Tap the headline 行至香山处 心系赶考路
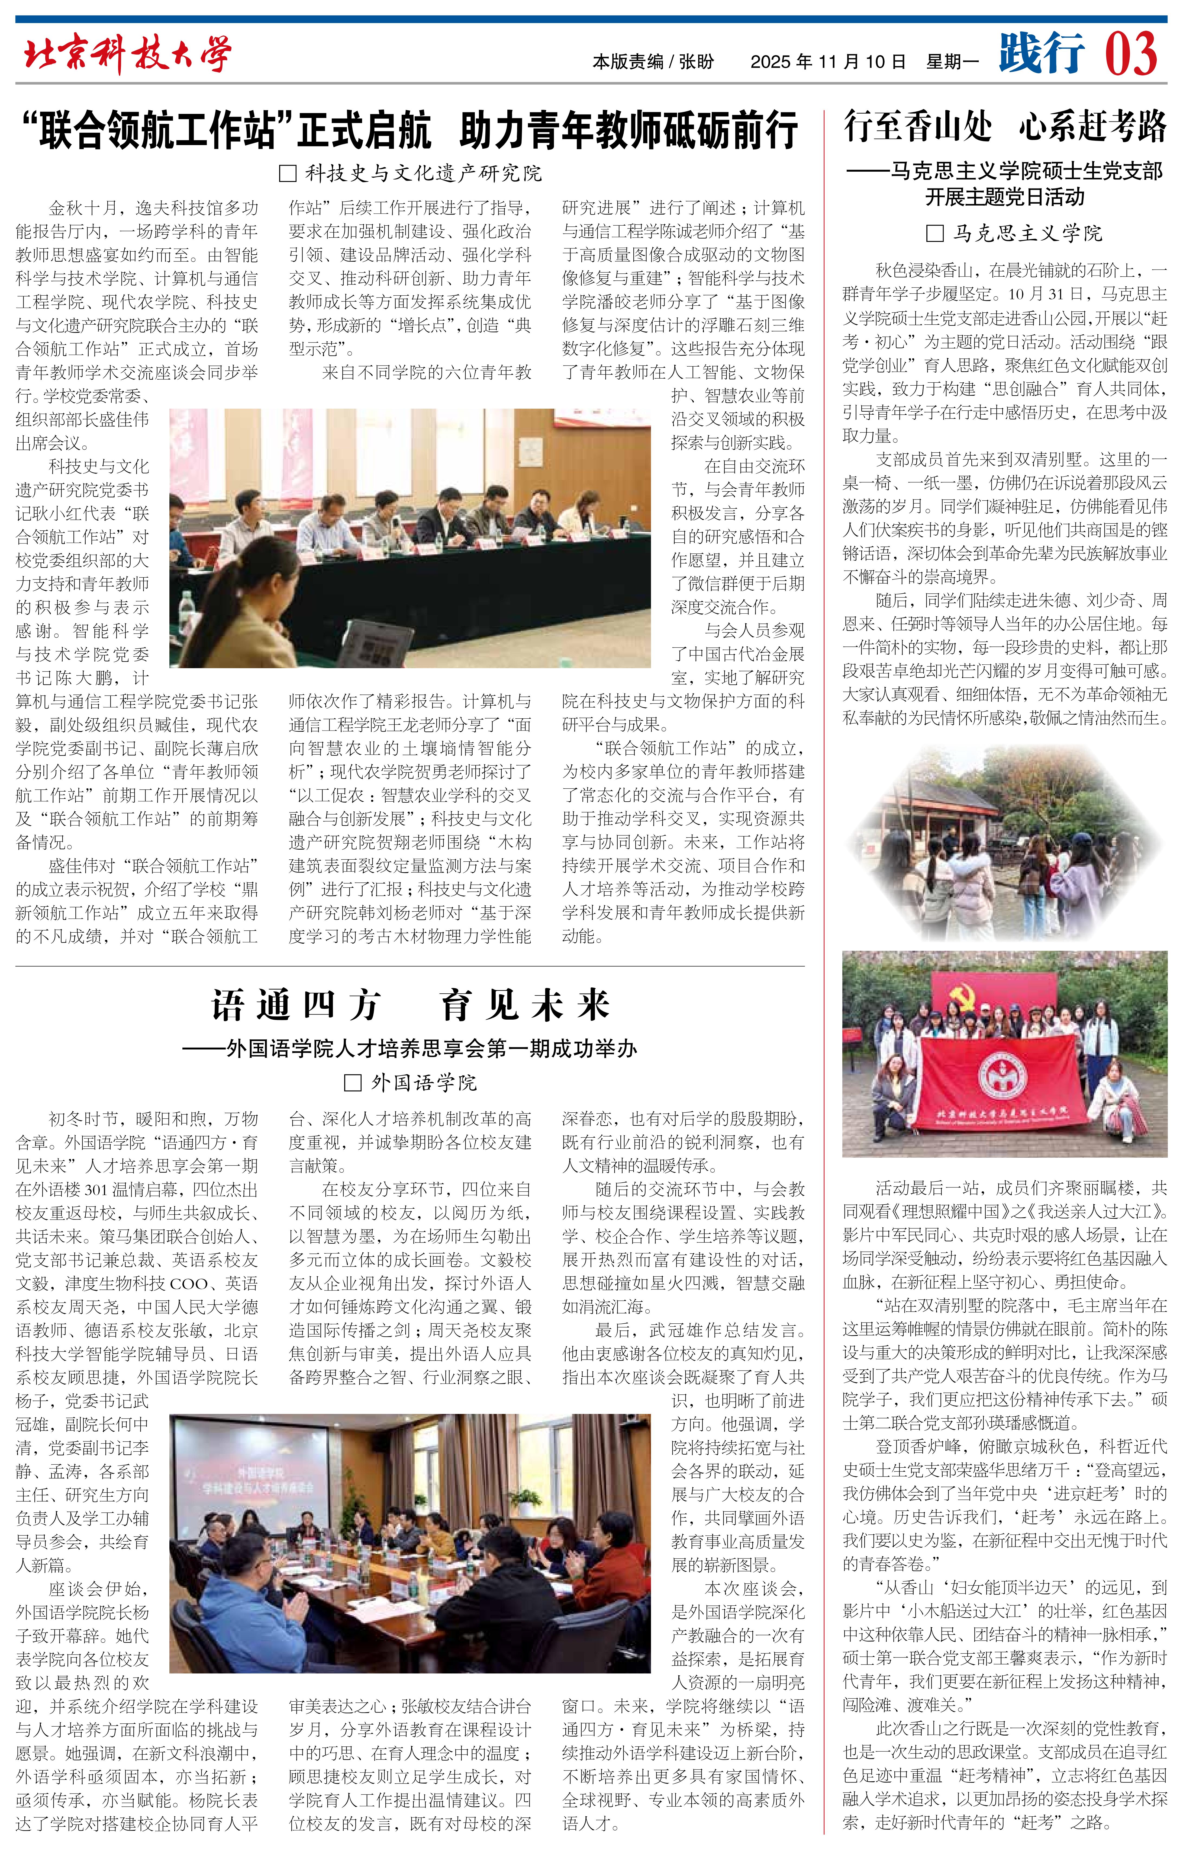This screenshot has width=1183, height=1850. click(x=1005, y=126)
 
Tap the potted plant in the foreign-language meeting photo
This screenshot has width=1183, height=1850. click(x=526, y=1503)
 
